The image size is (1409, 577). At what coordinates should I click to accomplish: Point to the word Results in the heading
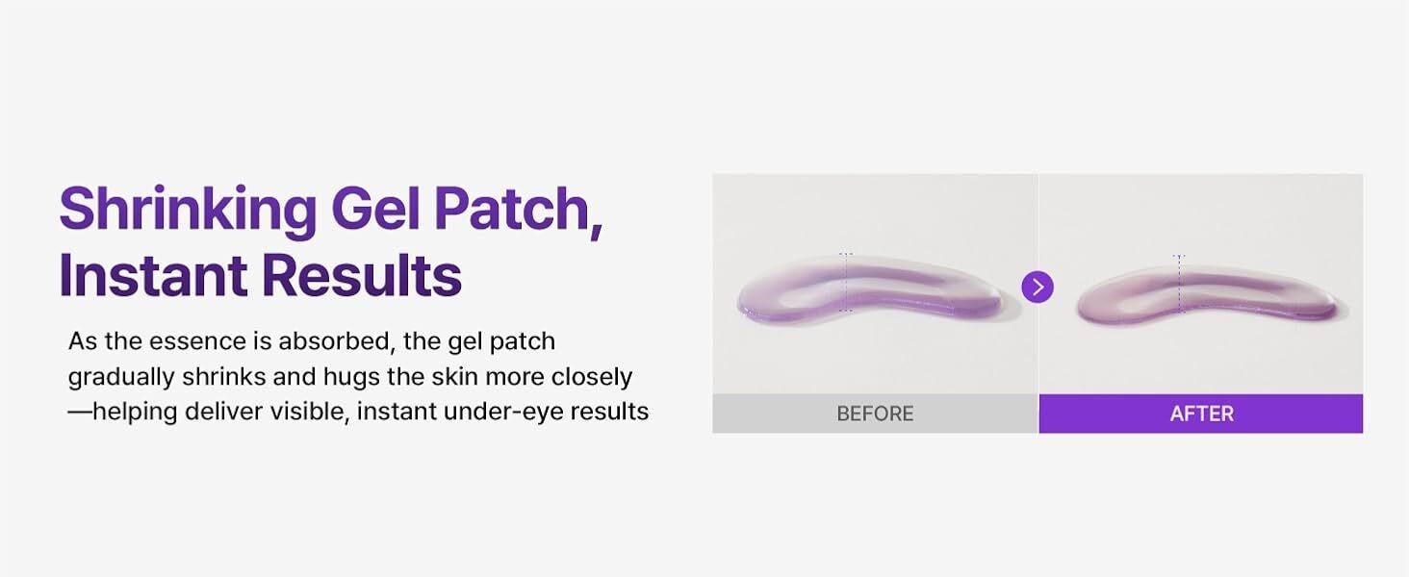pyautogui.click(x=362, y=275)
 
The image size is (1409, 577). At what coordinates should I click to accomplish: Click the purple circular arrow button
pyautogui.click(x=1038, y=288)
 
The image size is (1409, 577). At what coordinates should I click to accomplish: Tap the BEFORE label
pyautogui.click(x=875, y=414)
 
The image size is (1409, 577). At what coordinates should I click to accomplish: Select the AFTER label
pyautogui.click(x=1201, y=414)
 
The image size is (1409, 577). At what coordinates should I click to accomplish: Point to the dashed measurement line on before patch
pyautogui.click(x=846, y=282)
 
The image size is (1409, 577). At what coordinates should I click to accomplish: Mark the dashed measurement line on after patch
pyautogui.click(x=1179, y=284)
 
